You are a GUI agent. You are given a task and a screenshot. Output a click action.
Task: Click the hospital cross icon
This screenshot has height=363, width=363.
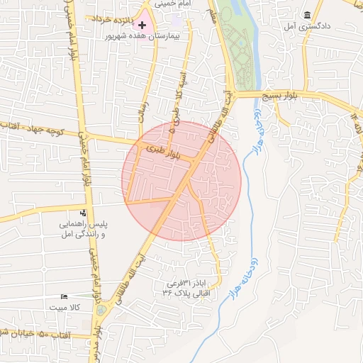click(x=142, y=25)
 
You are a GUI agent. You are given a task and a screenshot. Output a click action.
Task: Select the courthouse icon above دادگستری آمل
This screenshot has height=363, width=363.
click(x=307, y=15)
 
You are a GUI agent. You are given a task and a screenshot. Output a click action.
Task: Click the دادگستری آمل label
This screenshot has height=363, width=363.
click(x=298, y=26)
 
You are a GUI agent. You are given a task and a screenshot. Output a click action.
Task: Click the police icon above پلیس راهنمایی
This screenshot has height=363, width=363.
click(x=84, y=213)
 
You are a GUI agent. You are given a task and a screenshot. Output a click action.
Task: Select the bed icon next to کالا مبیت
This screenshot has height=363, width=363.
click(x=65, y=296)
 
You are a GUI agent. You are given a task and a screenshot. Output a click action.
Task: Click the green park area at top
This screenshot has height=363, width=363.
click(x=235, y=43)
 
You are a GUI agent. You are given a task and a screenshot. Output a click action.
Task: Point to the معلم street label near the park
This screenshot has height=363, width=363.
click(x=213, y=17)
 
